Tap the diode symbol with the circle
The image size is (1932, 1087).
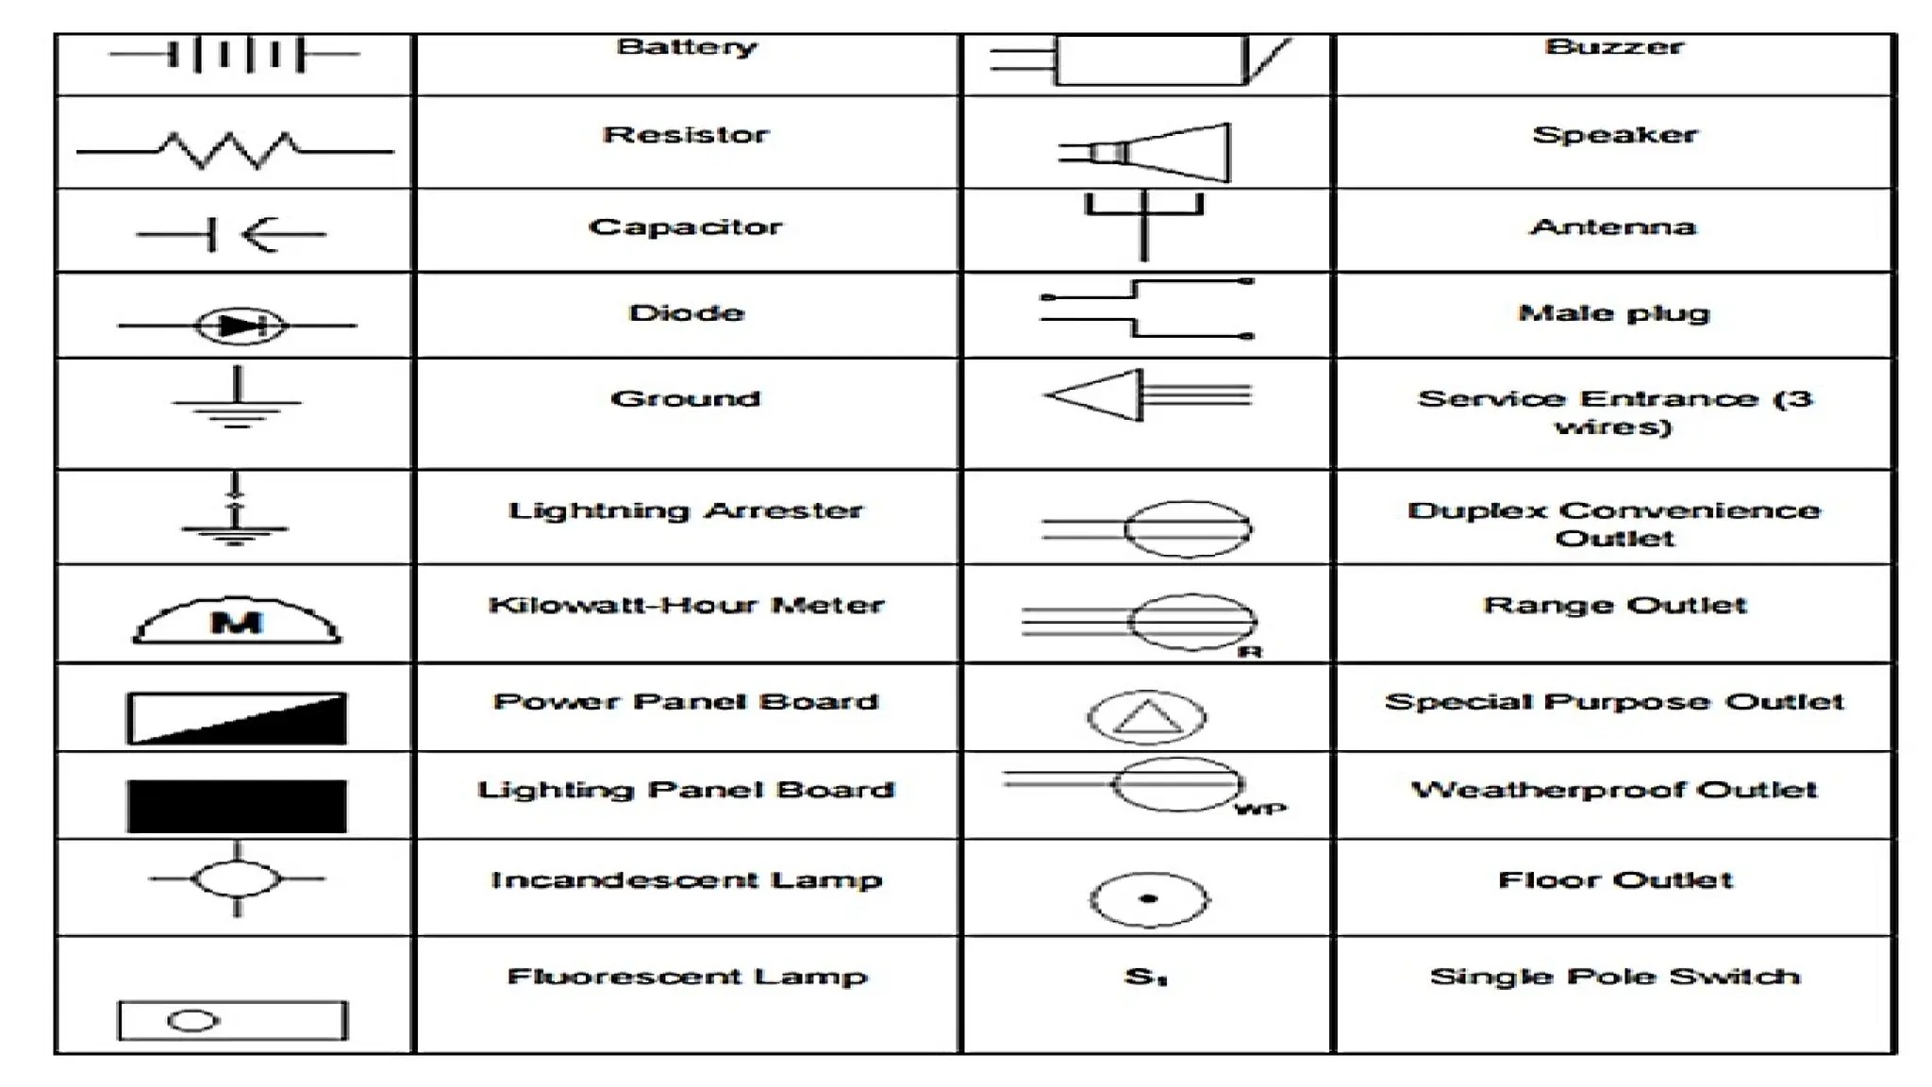pos(239,326)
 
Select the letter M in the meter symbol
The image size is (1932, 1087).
pos(237,623)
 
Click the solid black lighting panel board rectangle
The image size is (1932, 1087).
pos(237,806)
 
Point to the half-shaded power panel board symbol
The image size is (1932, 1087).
pos(237,718)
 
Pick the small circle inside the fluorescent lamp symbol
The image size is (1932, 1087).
pos(192,1021)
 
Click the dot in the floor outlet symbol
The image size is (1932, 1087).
pos(1148,898)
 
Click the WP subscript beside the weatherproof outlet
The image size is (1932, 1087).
pos(1260,809)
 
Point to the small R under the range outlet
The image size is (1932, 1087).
pos(1250,652)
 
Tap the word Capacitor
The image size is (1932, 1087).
pos(686,226)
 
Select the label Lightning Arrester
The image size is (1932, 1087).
pos(686,510)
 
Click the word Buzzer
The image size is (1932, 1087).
pos(1614,46)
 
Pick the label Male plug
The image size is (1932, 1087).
pos(1614,313)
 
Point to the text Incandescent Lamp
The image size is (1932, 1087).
pos(686,880)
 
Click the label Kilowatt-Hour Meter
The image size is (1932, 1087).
pos(686,605)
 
